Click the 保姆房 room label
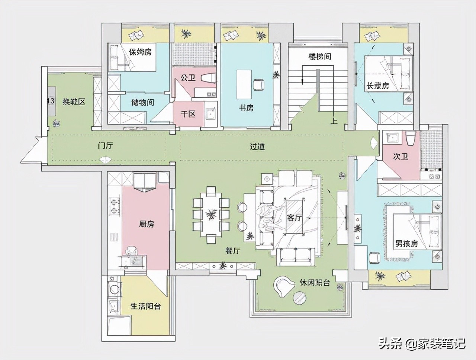(140, 52)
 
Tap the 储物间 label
(142, 102)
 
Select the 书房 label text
(246, 107)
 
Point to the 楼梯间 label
(320, 57)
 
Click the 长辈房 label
(378, 86)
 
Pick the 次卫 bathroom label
(401, 156)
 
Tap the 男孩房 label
(406, 244)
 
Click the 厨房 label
(147, 224)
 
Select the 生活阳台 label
(145, 306)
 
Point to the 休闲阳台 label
(315, 282)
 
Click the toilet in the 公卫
(208, 78)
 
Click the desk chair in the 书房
(259, 84)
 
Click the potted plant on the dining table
(211, 214)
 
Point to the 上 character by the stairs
(334, 120)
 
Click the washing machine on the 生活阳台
(114, 289)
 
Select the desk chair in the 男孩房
(374, 257)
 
